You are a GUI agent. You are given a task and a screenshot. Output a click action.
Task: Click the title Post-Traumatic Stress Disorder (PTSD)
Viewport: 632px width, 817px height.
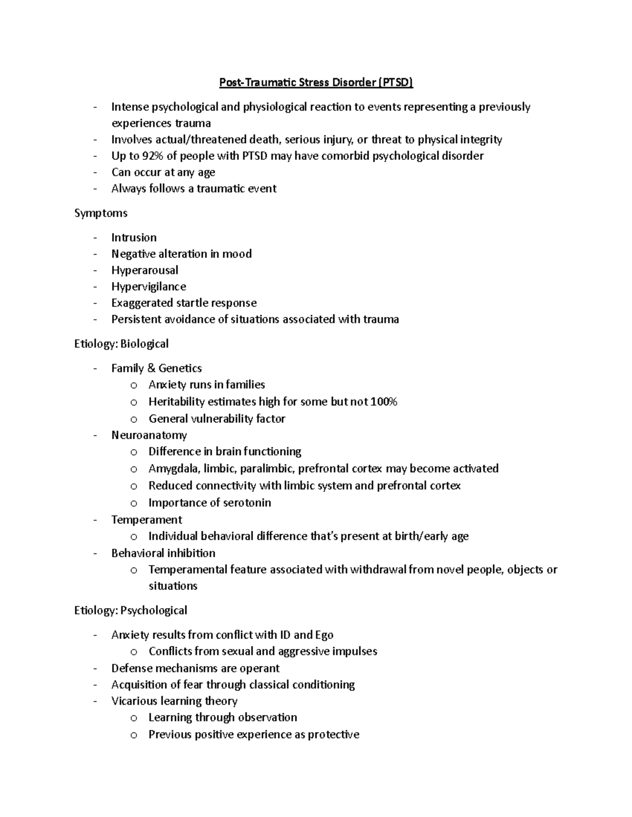pyautogui.click(x=316, y=83)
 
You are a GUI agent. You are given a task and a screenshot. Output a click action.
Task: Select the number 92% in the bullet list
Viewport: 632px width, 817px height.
pyautogui.click(x=153, y=156)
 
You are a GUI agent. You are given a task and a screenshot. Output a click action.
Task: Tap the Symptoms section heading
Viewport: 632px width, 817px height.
pyautogui.click(x=101, y=213)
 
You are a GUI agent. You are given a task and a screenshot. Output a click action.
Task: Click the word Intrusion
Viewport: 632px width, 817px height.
pyautogui.click(x=134, y=238)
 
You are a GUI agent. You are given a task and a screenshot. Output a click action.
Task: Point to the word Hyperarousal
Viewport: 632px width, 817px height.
pyautogui.click(x=145, y=270)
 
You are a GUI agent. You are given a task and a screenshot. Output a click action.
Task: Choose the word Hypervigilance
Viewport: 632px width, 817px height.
pyautogui.click(x=149, y=287)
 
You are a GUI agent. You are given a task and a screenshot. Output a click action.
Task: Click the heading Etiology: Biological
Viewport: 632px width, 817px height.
pyautogui.click(x=121, y=344)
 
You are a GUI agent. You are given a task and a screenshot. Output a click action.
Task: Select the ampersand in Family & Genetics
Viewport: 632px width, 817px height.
pyautogui.click(x=151, y=368)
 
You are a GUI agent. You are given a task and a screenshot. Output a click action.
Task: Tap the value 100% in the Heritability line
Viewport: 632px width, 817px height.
pyautogui.click(x=383, y=402)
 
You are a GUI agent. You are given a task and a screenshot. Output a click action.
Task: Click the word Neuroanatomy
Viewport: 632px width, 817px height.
pyautogui.click(x=149, y=435)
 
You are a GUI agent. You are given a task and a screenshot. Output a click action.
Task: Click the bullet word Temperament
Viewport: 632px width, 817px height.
pyautogui.click(x=146, y=520)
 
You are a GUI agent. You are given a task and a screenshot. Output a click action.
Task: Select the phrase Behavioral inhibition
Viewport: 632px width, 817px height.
pyautogui.click(x=163, y=553)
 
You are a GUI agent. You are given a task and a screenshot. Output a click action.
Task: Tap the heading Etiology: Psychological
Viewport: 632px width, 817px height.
pyautogui.click(x=131, y=611)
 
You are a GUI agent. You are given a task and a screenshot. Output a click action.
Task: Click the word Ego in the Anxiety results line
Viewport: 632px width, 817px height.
pyautogui.click(x=324, y=635)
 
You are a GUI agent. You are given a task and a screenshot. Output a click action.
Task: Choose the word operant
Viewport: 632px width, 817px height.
pyautogui.click(x=261, y=669)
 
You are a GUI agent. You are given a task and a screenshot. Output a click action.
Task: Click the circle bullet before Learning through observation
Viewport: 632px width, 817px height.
pyautogui.click(x=134, y=718)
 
